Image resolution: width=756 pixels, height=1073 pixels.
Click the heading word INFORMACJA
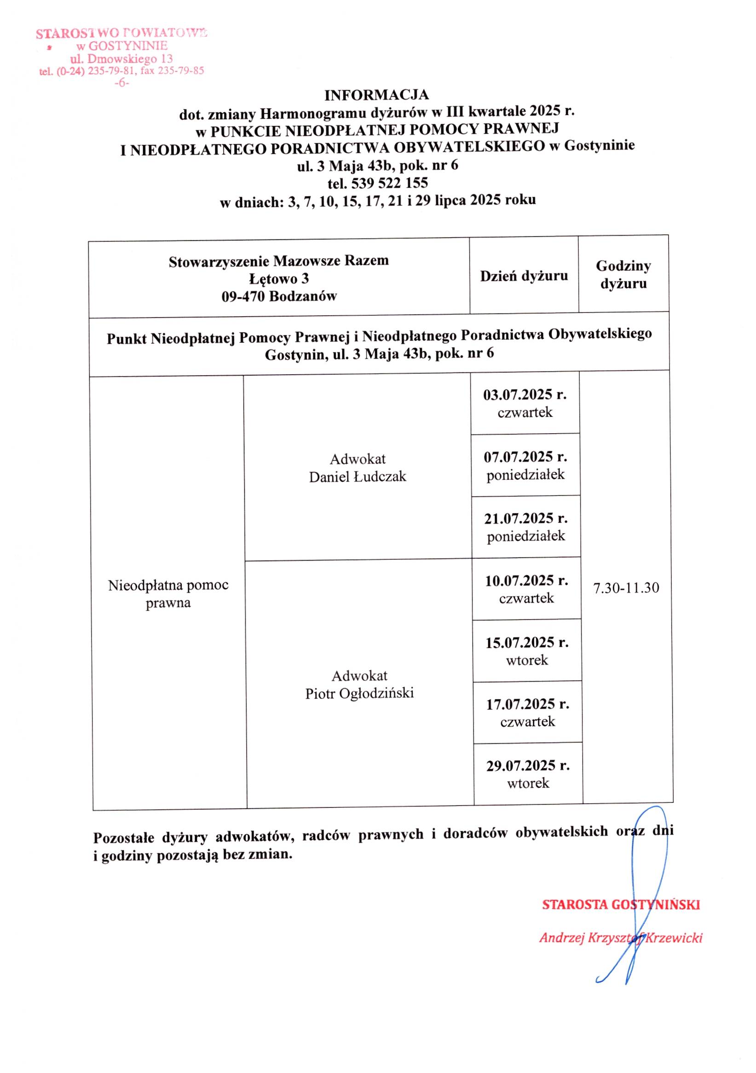click(x=376, y=95)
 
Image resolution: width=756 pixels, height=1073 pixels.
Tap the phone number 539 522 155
click(x=389, y=183)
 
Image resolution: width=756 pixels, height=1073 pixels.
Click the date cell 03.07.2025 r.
click(x=525, y=395)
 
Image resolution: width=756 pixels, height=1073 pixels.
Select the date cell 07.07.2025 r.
click(x=525, y=457)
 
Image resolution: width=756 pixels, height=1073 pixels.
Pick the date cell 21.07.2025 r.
click(x=525, y=519)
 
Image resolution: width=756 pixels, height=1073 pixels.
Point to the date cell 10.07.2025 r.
click(x=526, y=581)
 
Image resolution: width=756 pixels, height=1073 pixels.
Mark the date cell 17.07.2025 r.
click(x=527, y=704)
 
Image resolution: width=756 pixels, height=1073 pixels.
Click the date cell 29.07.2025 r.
click(x=528, y=766)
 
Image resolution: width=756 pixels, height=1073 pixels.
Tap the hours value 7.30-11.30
click(x=626, y=588)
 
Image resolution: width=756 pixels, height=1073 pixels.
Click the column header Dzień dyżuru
click(x=524, y=276)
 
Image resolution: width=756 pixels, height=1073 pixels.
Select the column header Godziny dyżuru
click(x=623, y=275)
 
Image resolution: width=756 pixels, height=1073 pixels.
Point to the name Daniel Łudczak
click(x=358, y=477)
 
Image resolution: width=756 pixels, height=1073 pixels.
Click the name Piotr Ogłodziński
click(x=359, y=694)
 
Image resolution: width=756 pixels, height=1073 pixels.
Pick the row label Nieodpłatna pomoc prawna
click(x=168, y=593)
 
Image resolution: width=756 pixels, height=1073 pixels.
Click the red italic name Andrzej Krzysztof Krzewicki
click(x=621, y=938)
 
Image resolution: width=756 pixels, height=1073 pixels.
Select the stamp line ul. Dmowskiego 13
click(x=121, y=59)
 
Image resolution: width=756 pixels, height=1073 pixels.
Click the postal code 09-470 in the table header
click(x=243, y=296)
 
